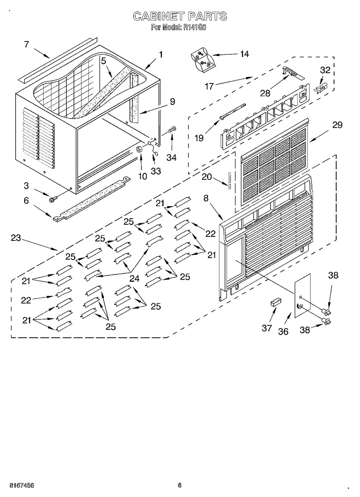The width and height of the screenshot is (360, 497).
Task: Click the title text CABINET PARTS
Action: [x=179, y=17]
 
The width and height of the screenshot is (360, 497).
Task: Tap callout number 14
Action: [x=244, y=54]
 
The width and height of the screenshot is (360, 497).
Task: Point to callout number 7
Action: [x=26, y=44]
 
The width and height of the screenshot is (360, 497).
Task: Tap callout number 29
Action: [x=337, y=125]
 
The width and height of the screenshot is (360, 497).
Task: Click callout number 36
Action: [x=283, y=331]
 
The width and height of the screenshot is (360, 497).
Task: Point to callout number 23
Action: [x=16, y=238]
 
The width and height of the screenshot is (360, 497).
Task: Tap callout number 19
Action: [x=199, y=138]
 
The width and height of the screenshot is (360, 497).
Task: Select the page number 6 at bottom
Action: [x=179, y=485]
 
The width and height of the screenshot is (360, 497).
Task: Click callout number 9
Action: [x=172, y=101]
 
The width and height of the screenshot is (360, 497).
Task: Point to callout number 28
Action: [x=265, y=93]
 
